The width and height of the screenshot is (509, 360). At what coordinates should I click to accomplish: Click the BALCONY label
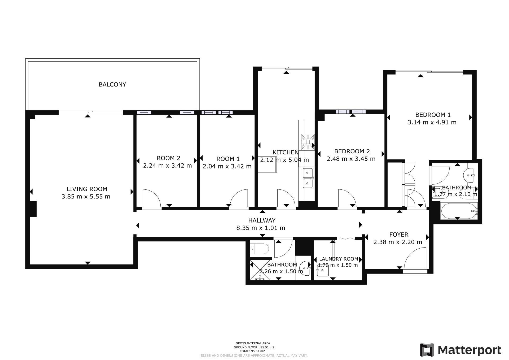tap(112, 84)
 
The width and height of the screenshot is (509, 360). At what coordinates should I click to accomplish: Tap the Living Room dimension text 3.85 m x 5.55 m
tap(86, 197)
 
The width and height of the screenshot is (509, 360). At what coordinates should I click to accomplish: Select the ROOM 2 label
tap(168, 158)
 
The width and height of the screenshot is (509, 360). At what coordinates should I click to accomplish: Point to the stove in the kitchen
tap(308, 141)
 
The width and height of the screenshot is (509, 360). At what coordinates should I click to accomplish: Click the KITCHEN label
tap(286, 152)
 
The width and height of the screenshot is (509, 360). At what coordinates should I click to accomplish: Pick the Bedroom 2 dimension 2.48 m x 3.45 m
tap(351, 159)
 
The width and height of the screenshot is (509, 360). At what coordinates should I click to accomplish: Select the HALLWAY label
tap(262, 220)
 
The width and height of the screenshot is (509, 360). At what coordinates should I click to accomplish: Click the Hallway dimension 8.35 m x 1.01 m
tap(261, 228)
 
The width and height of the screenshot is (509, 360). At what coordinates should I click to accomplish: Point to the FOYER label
tap(399, 235)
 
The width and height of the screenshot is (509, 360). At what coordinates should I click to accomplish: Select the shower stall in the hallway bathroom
tap(260, 270)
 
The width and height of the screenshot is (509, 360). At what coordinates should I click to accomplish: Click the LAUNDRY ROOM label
tap(339, 259)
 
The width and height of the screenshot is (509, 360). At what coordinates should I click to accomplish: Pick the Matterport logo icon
tap(427, 350)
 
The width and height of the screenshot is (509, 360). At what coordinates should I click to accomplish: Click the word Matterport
tap(469, 350)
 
